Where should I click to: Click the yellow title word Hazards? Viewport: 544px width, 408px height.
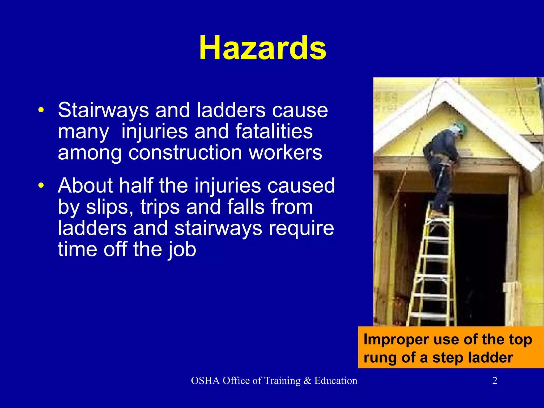pyautogui.click(x=262, y=48)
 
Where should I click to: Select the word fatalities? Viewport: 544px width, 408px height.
pyautogui.click(x=274, y=131)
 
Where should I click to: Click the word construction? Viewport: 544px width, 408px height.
pyautogui.click(x=185, y=153)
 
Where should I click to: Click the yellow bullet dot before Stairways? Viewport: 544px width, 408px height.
pyautogui.click(x=41, y=110)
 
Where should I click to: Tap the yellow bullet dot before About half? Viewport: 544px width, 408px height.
pyautogui.click(x=41, y=185)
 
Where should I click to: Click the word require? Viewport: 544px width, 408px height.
pyautogui.click(x=301, y=228)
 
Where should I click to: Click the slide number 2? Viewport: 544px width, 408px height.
pyautogui.click(x=495, y=381)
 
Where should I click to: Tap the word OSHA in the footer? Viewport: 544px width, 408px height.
pyautogui.click(x=205, y=381)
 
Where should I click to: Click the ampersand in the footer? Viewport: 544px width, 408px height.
pyautogui.click(x=307, y=381)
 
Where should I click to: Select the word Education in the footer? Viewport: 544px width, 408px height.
pyautogui.click(x=336, y=381)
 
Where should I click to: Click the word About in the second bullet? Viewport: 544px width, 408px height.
pyautogui.click(x=85, y=185)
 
